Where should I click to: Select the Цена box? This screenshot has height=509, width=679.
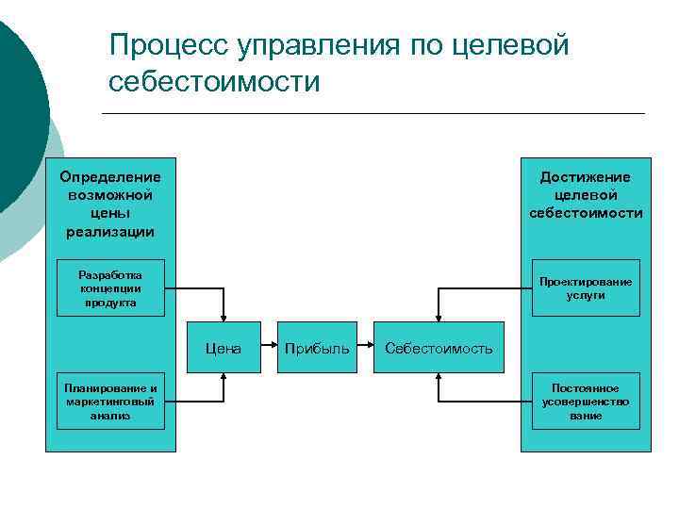tap(224, 348)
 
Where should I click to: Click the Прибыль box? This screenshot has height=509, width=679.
tap(317, 348)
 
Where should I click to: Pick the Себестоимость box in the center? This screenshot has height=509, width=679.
tap(439, 348)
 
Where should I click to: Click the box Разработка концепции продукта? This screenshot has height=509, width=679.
tap(110, 287)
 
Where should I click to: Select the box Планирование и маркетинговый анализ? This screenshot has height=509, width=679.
tap(110, 401)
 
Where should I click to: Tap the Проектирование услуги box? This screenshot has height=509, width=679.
tap(585, 287)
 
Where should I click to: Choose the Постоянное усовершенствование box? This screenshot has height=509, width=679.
tap(585, 401)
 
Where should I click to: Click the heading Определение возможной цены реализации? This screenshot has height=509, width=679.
tap(110, 204)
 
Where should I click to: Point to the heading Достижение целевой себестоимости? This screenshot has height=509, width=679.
tap(585, 195)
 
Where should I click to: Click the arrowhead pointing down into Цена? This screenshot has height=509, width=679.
tap(224, 319)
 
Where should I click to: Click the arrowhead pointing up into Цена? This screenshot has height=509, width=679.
tap(224, 376)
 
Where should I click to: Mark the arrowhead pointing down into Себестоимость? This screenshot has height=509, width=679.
tap(439, 319)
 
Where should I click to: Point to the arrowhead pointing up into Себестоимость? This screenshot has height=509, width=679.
tap(439, 376)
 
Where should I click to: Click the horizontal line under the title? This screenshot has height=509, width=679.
tap(373, 114)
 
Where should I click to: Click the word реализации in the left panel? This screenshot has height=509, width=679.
tap(110, 231)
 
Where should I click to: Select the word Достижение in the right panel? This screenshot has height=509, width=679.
tap(585, 177)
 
